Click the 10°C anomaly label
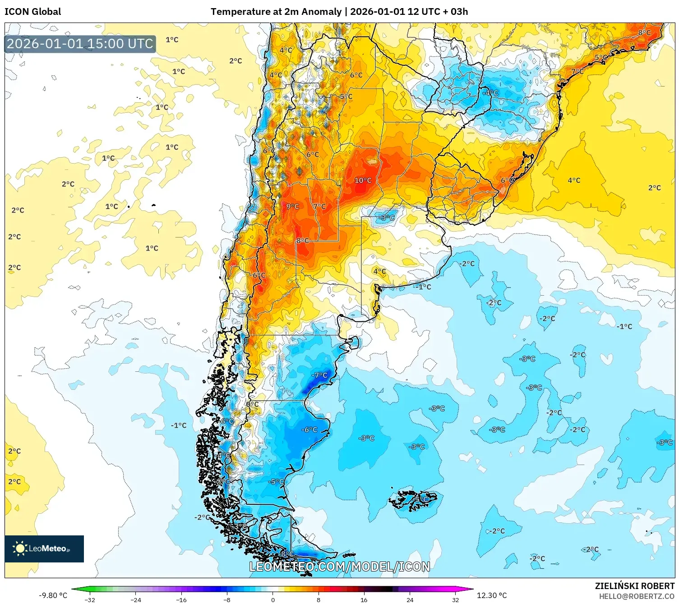pos(363,180)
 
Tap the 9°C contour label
pos(293,206)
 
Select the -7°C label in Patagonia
pos(319,375)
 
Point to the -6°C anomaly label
pos(309,429)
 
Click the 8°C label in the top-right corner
pos(644,32)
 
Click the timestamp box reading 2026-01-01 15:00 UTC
pos(80,44)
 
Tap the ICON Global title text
pos(32,12)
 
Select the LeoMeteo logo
pos(44,548)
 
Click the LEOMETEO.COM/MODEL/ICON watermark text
pos(340,566)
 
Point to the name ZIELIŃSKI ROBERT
pos(634,586)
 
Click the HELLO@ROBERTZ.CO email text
pos(637,596)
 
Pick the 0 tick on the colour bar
pos(273,599)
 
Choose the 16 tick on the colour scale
pos(364,599)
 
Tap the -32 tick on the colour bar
pos(90,599)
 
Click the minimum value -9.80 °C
pos(53,595)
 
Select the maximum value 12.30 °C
pos(492,595)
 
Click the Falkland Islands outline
pos(413,499)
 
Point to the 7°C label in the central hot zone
pos(319,206)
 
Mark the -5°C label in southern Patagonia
pos(276,481)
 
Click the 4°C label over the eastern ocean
pos(574,180)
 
